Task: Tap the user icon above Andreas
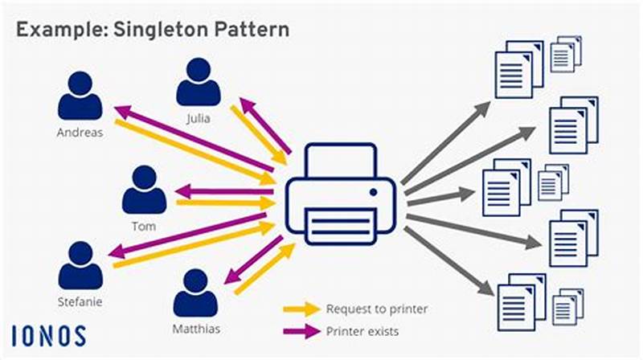point(80,96)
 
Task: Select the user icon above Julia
point(198,83)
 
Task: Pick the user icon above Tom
point(145,190)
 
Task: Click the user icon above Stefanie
point(80,266)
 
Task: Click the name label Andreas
point(80,133)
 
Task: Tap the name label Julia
point(198,119)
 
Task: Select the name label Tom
point(145,227)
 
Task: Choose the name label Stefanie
point(80,302)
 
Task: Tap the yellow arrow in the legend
point(301,309)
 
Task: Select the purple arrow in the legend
point(301,329)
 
